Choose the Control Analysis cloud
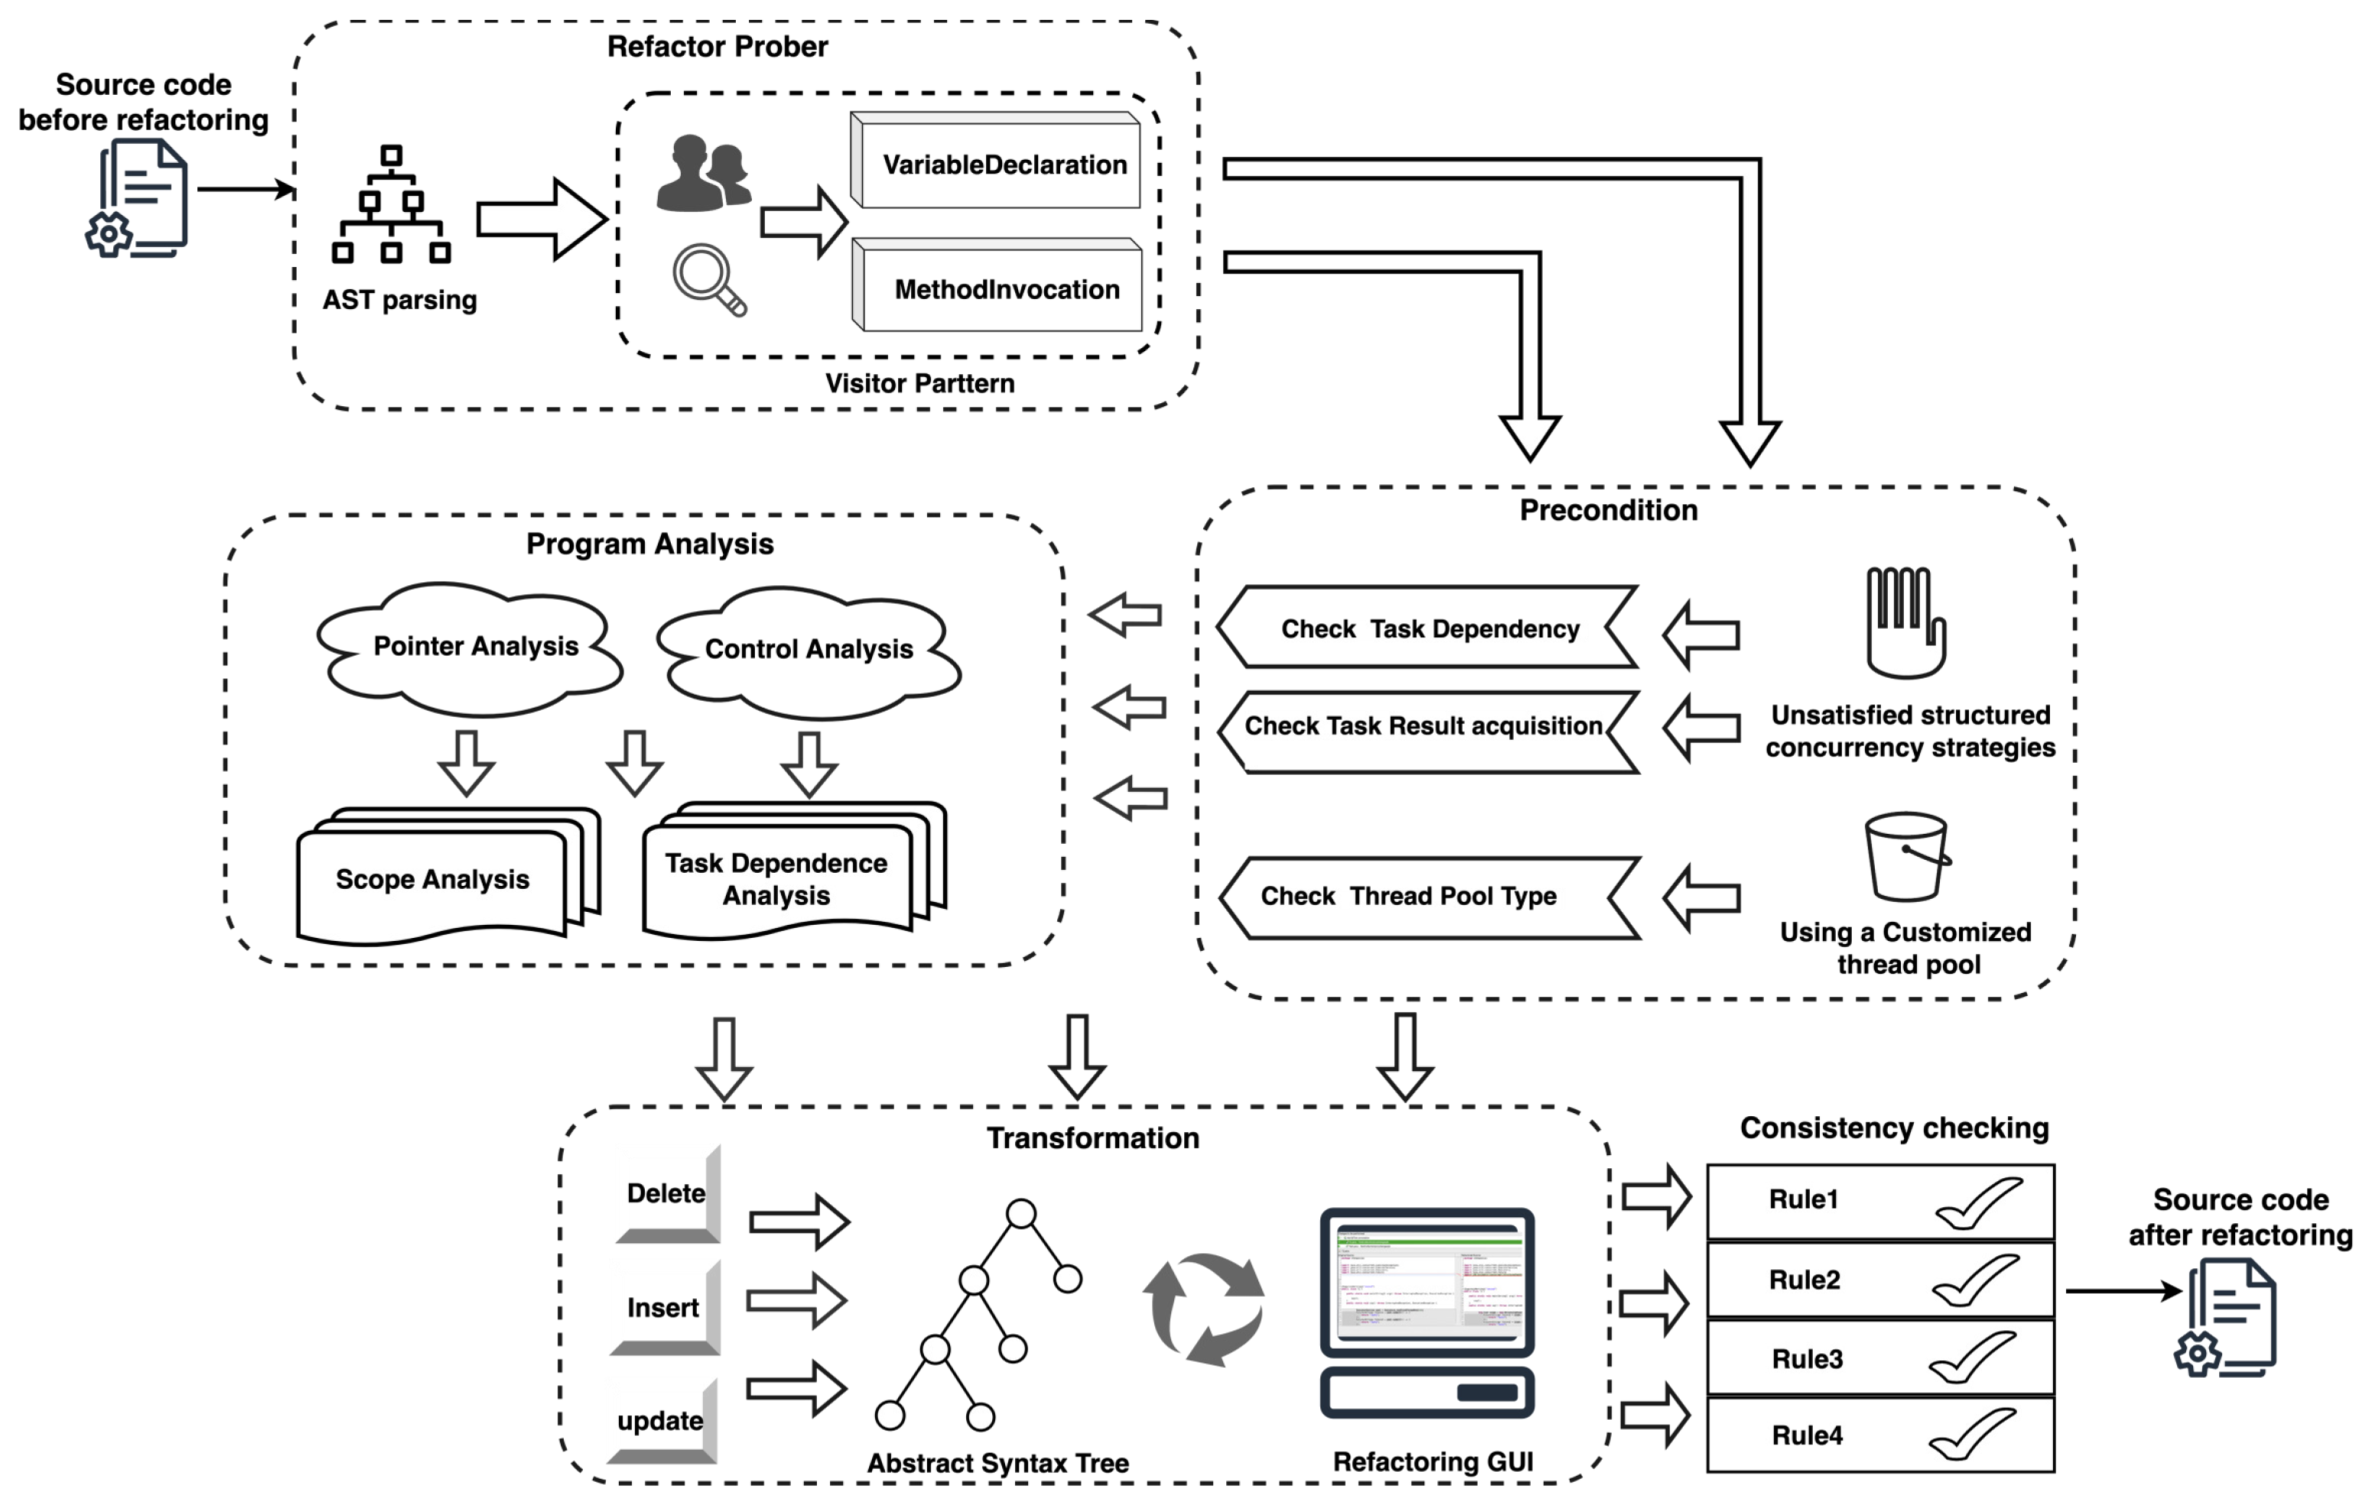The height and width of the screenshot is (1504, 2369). pyautogui.click(x=809, y=649)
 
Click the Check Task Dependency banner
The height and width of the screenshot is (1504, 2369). pyautogui.click(x=1428, y=629)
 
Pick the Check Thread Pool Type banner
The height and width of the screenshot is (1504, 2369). pyautogui.click(x=1428, y=896)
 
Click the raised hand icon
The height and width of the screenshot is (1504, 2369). pyautogui.click(x=1905, y=622)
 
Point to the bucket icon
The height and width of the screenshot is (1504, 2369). pyautogui.click(x=1907, y=856)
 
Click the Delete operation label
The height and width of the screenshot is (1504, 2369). pyautogui.click(x=667, y=1193)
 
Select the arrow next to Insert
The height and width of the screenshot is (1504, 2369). pyautogui.click(x=797, y=1301)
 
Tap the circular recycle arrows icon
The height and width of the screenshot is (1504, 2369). pyautogui.click(x=1204, y=1308)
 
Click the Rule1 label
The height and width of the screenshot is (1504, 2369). pyautogui.click(x=1803, y=1199)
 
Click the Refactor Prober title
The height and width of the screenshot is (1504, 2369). pyautogui.click(x=718, y=46)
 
